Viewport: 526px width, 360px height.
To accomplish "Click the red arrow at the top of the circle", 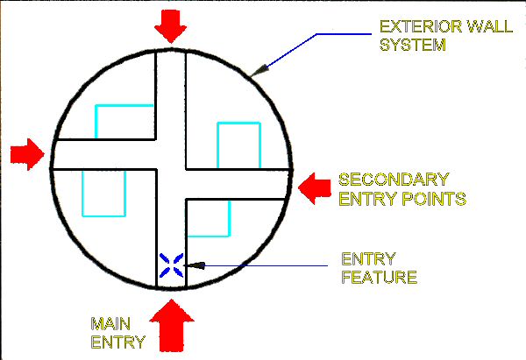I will (170, 26).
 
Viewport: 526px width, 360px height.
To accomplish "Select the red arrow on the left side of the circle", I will (28, 154).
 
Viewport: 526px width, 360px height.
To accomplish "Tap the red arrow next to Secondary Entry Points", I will (313, 186).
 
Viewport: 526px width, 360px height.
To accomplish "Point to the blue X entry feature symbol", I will (171, 265).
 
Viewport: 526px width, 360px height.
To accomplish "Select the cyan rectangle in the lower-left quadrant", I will (103, 192).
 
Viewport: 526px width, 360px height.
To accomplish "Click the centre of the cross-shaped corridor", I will (170, 169).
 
